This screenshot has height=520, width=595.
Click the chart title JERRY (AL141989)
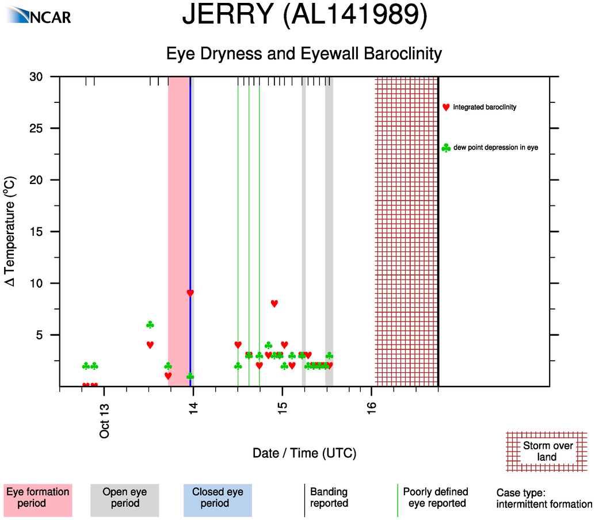click(x=304, y=16)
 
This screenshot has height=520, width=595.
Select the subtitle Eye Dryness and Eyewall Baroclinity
click(x=304, y=54)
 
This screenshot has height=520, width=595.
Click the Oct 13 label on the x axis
click(x=104, y=421)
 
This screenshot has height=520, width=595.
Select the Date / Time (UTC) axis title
click(x=304, y=453)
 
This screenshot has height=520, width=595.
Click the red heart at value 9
click(x=190, y=293)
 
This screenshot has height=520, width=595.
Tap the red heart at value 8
click(x=274, y=304)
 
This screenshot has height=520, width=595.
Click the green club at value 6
click(x=150, y=325)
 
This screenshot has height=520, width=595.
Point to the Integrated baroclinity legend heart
click(x=446, y=107)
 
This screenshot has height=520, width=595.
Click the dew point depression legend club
click(x=446, y=148)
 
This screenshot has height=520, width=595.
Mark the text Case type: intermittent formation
click(x=544, y=499)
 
